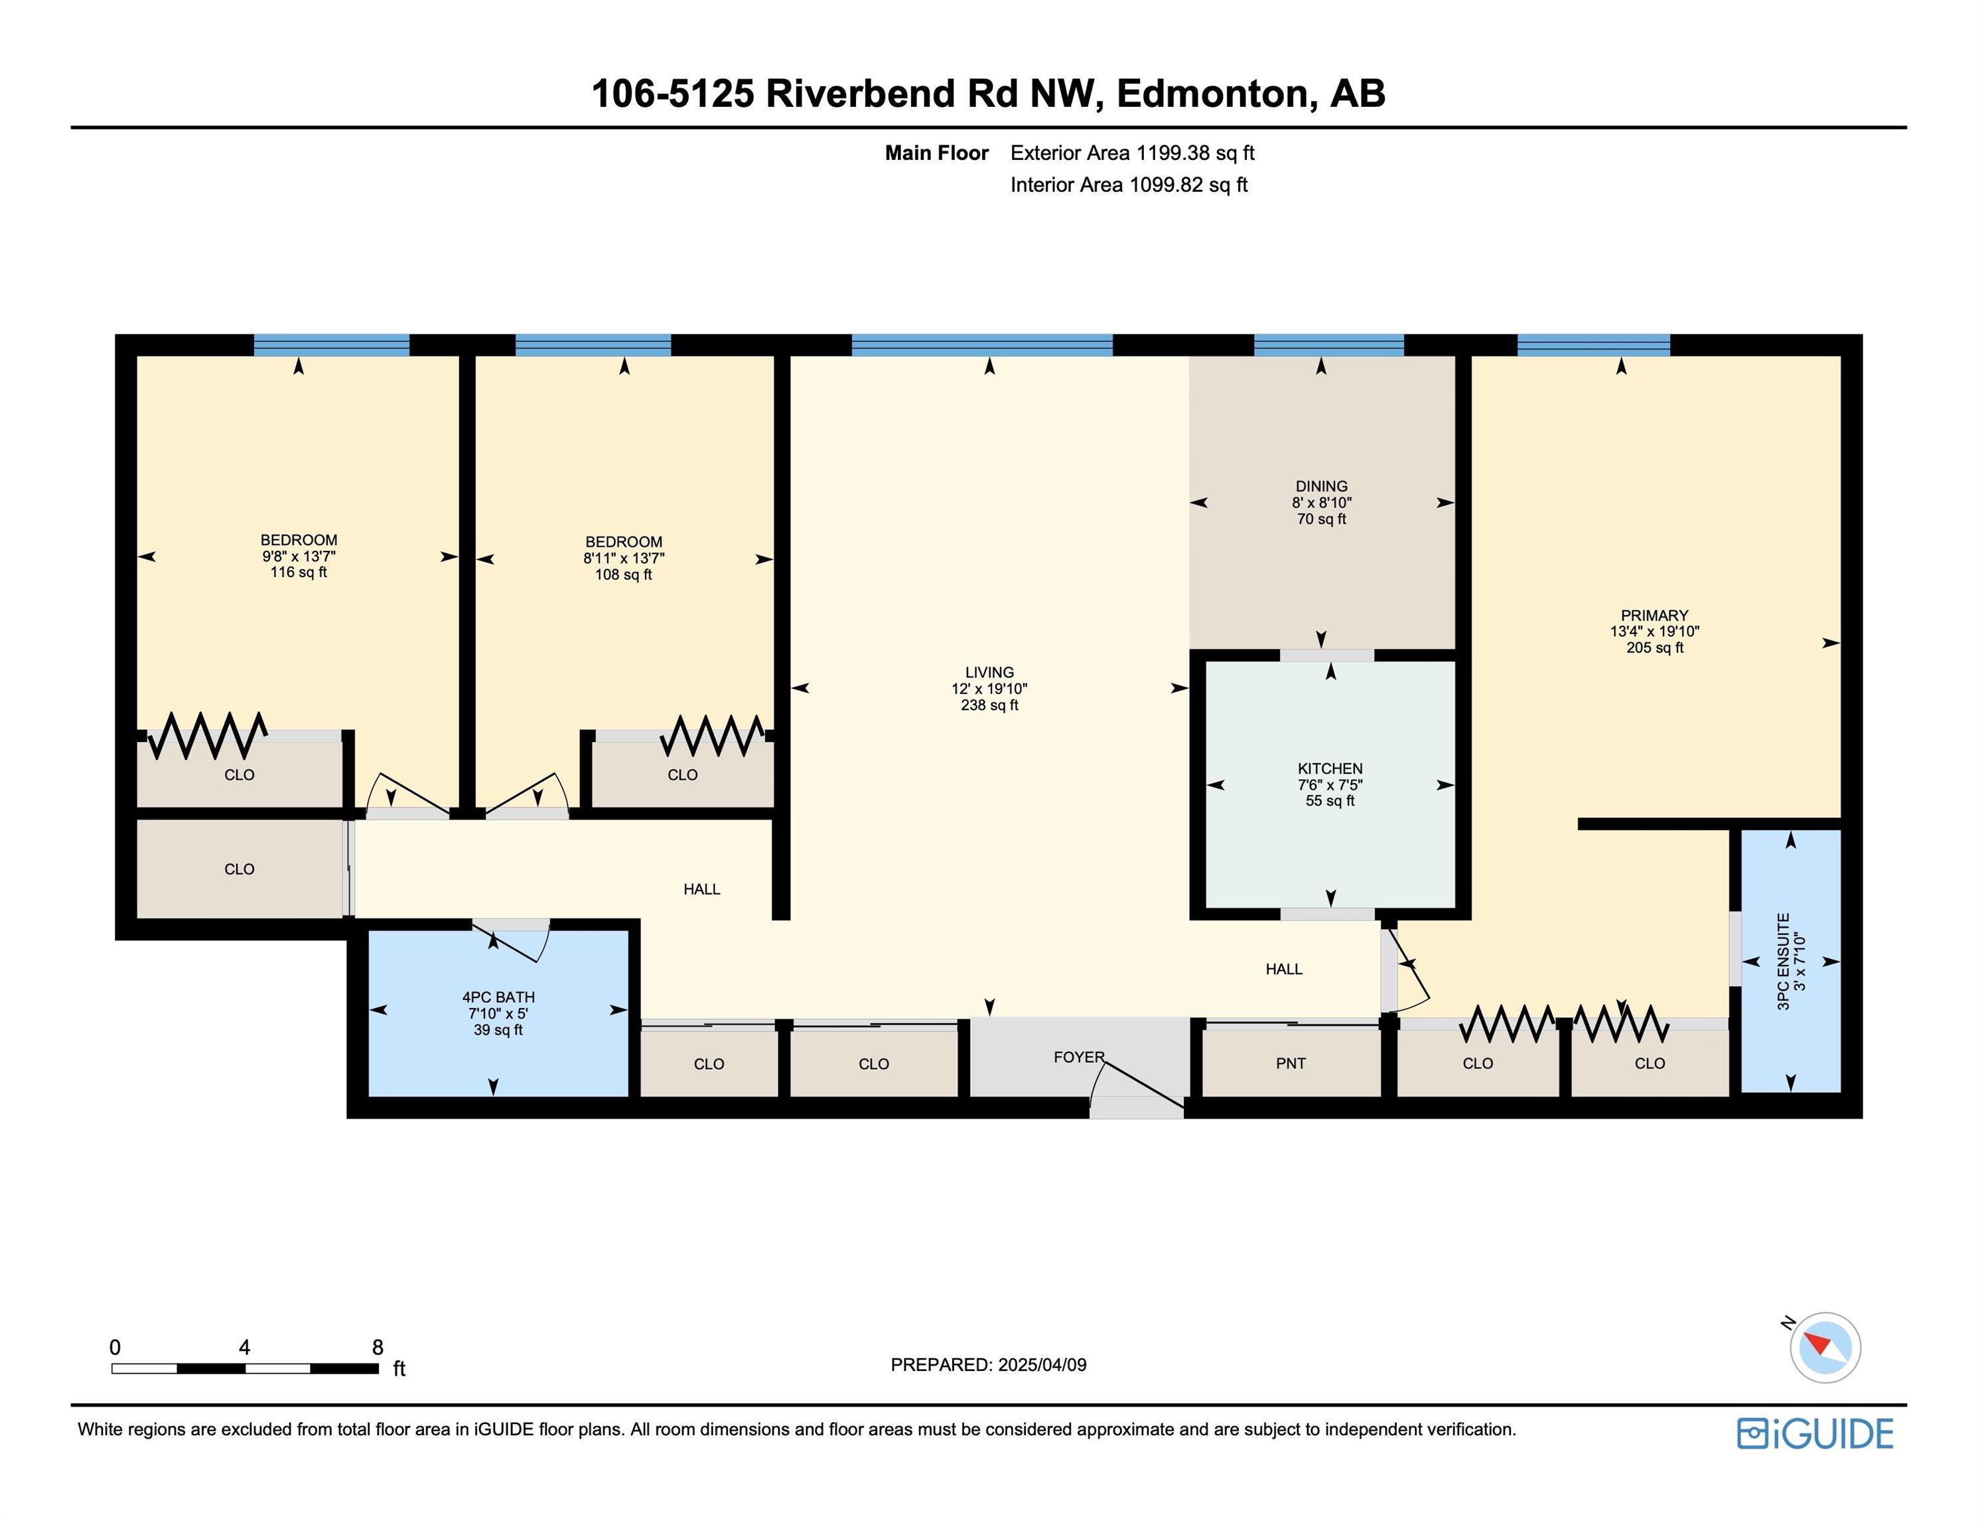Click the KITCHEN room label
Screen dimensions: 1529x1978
pyautogui.click(x=1330, y=768)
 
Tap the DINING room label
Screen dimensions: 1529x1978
pyautogui.click(x=1321, y=486)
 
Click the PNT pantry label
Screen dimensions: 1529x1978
pyautogui.click(x=1291, y=1063)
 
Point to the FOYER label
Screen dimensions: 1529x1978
pyautogui.click(x=1079, y=1057)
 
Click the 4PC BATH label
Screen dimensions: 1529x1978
pyautogui.click(x=498, y=997)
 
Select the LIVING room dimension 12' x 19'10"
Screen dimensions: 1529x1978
pyautogui.click(x=989, y=688)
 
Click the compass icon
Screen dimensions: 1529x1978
pyautogui.click(x=1824, y=1348)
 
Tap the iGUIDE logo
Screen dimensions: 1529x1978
pyautogui.click(x=1814, y=1434)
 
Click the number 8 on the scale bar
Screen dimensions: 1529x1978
pyautogui.click(x=378, y=1347)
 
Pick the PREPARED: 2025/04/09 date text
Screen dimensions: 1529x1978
pyautogui.click(x=988, y=1365)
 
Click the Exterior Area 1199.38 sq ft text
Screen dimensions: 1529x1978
pyautogui.click(x=1132, y=153)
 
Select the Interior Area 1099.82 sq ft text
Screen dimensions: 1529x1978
pyautogui.click(x=1129, y=184)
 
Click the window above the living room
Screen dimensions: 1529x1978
pyautogui.click(x=982, y=345)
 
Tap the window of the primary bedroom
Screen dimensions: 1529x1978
pyautogui.click(x=1593, y=345)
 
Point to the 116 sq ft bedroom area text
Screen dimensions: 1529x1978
pyautogui.click(x=298, y=573)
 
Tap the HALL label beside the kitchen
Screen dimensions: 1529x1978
pyautogui.click(x=1283, y=969)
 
